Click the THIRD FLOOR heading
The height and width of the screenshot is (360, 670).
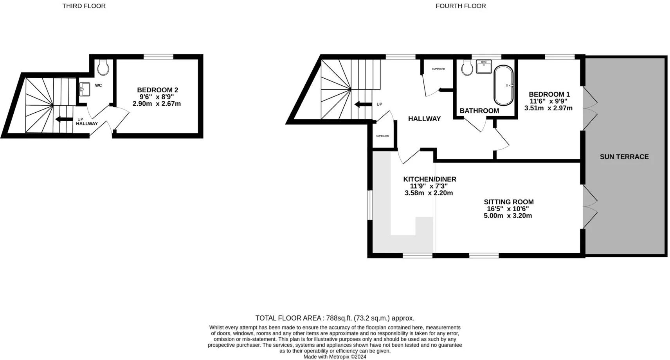tap(84, 6)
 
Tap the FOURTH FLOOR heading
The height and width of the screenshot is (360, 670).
tap(461, 6)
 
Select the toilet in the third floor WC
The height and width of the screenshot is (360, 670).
tap(103, 68)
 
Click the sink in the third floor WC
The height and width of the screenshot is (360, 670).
tap(84, 89)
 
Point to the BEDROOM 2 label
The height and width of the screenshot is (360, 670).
tap(157, 90)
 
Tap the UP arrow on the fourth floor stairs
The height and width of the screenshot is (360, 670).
tap(362, 104)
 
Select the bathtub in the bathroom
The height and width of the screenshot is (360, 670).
tap(503, 85)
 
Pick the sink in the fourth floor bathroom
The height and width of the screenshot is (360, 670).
tap(484, 67)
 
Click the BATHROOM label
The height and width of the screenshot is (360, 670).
tap(479, 111)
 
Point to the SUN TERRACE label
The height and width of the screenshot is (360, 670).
tap(624, 157)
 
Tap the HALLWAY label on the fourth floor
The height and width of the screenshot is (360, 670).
tap(424, 119)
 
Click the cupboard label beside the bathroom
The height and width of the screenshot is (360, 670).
tap(438, 69)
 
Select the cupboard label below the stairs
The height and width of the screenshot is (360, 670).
tap(382, 136)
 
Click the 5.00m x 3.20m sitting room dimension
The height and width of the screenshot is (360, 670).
tap(508, 216)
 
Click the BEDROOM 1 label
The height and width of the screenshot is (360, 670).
tap(549, 94)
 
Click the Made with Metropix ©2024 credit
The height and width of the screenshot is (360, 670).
tap(335, 356)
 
